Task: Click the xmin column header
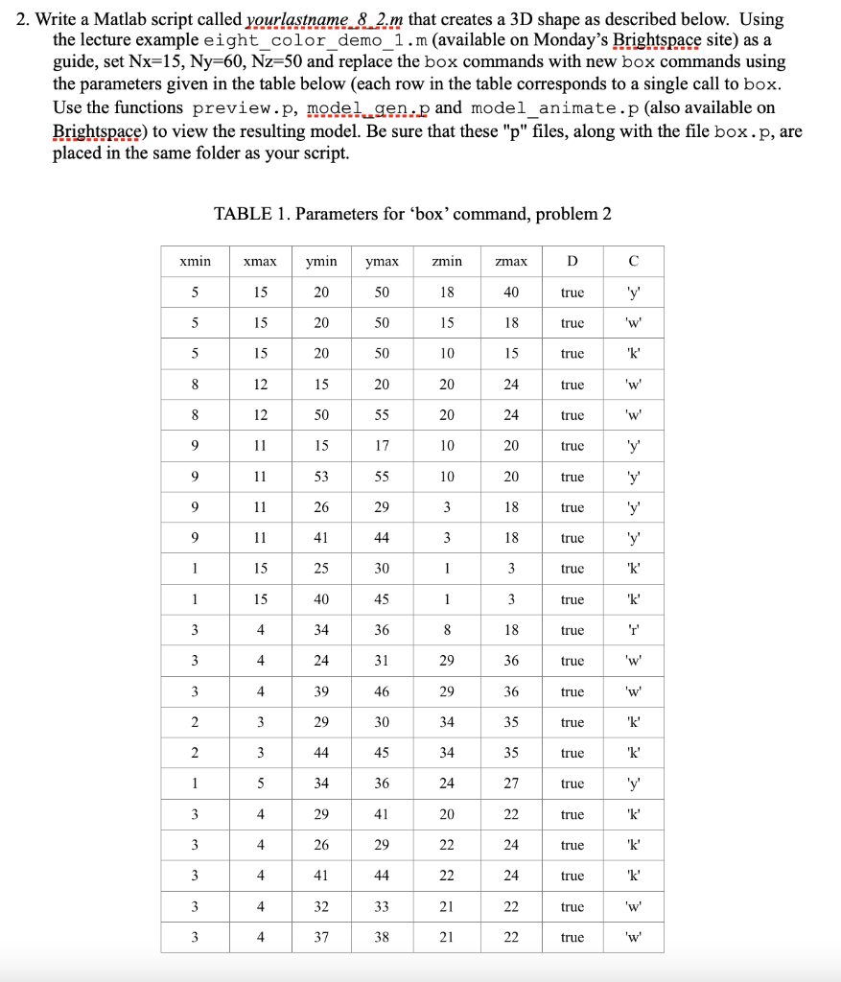pyautogui.click(x=195, y=261)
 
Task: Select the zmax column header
pyautogui.click(x=511, y=261)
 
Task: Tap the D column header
pyautogui.click(x=572, y=261)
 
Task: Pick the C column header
pyautogui.click(x=633, y=261)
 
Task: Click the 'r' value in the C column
pyautogui.click(x=633, y=630)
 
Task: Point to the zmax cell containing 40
pyautogui.click(x=511, y=292)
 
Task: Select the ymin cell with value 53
pyautogui.click(x=321, y=477)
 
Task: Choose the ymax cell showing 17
pyautogui.click(x=382, y=446)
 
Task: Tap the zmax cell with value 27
pyautogui.click(x=511, y=783)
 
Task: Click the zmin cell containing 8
pyautogui.click(x=447, y=630)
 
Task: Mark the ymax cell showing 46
pyautogui.click(x=382, y=691)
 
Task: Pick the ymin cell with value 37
pyautogui.click(x=321, y=937)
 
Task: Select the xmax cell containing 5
pyautogui.click(x=260, y=783)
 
